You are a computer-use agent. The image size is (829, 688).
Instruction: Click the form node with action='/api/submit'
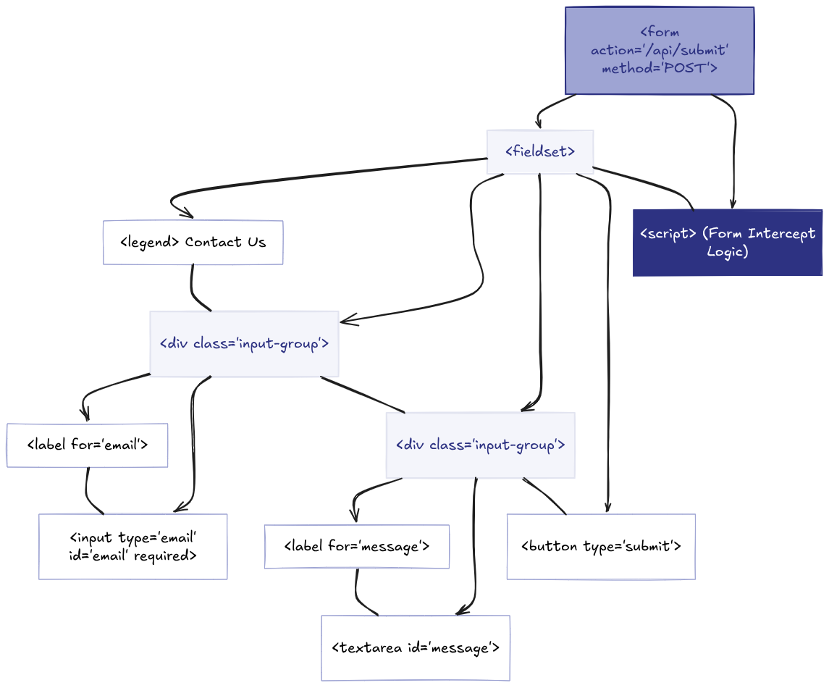[660, 51]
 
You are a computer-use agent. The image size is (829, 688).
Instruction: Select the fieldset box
[540, 152]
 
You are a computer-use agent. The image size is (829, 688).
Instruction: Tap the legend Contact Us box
[193, 242]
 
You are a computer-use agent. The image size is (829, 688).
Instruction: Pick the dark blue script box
[728, 243]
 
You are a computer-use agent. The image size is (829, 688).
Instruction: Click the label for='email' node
[87, 445]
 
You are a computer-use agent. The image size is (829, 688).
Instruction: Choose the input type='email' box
[132, 547]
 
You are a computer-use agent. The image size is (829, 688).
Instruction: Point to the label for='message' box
[357, 547]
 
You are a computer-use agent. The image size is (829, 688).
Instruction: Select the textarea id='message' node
[416, 648]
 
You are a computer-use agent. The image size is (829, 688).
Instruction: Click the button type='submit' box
[601, 547]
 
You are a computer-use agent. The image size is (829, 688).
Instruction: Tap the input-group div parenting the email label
[244, 344]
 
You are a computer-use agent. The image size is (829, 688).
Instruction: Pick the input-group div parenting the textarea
[481, 445]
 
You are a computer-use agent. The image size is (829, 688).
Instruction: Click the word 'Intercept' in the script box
[781, 234]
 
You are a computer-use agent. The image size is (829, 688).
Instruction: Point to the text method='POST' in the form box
[660, 68]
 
